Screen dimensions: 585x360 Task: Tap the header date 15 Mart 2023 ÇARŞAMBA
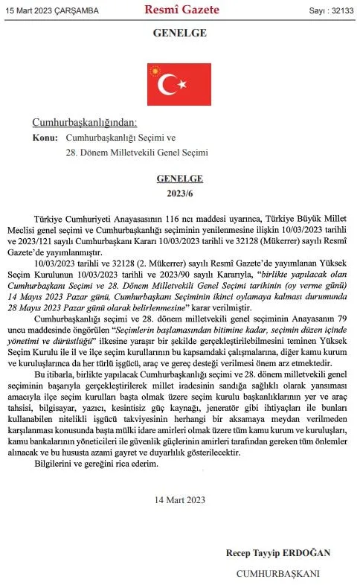click(x=46, y=11)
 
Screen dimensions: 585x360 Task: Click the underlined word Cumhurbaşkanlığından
click(x=85, y=123)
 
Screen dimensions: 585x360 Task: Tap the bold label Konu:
click(x=46, y=138)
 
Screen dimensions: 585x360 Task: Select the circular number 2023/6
click(x=180, y=194)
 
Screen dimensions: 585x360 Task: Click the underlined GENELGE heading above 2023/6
click(x=180, y=179)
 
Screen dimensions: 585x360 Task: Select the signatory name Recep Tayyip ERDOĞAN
click(x=278, y=553)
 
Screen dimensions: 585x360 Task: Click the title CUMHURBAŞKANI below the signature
click(x=278, y=573)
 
